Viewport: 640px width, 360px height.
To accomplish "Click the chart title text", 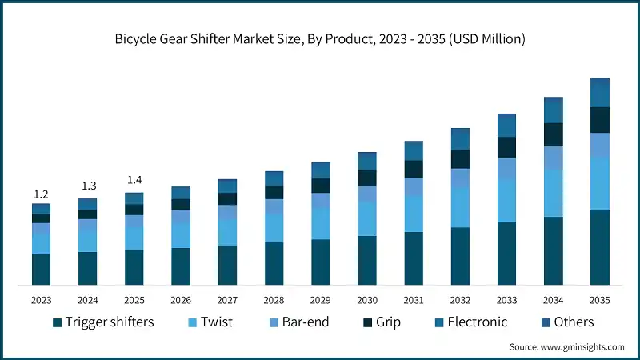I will (319, 38).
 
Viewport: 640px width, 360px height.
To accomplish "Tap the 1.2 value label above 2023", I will (41, 194).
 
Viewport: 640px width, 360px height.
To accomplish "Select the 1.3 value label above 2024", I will (87, 186).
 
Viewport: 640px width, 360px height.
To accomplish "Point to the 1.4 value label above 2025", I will (134, 180).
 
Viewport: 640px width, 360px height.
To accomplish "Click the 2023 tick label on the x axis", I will (41, 299).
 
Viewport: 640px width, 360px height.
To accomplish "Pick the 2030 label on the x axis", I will (366, 299).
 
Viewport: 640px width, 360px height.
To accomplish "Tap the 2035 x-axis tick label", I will (599, 299).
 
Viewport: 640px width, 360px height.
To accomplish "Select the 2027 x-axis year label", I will (227, 299).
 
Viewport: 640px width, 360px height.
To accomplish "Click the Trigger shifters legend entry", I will (103, 322).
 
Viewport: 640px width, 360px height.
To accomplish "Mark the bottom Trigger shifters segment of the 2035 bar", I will (599, 248).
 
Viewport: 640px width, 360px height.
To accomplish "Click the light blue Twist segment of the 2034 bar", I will (553, 193).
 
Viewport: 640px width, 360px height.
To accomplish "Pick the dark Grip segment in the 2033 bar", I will (506, 147).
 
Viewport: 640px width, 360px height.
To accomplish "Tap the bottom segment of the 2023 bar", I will (41, 269).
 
